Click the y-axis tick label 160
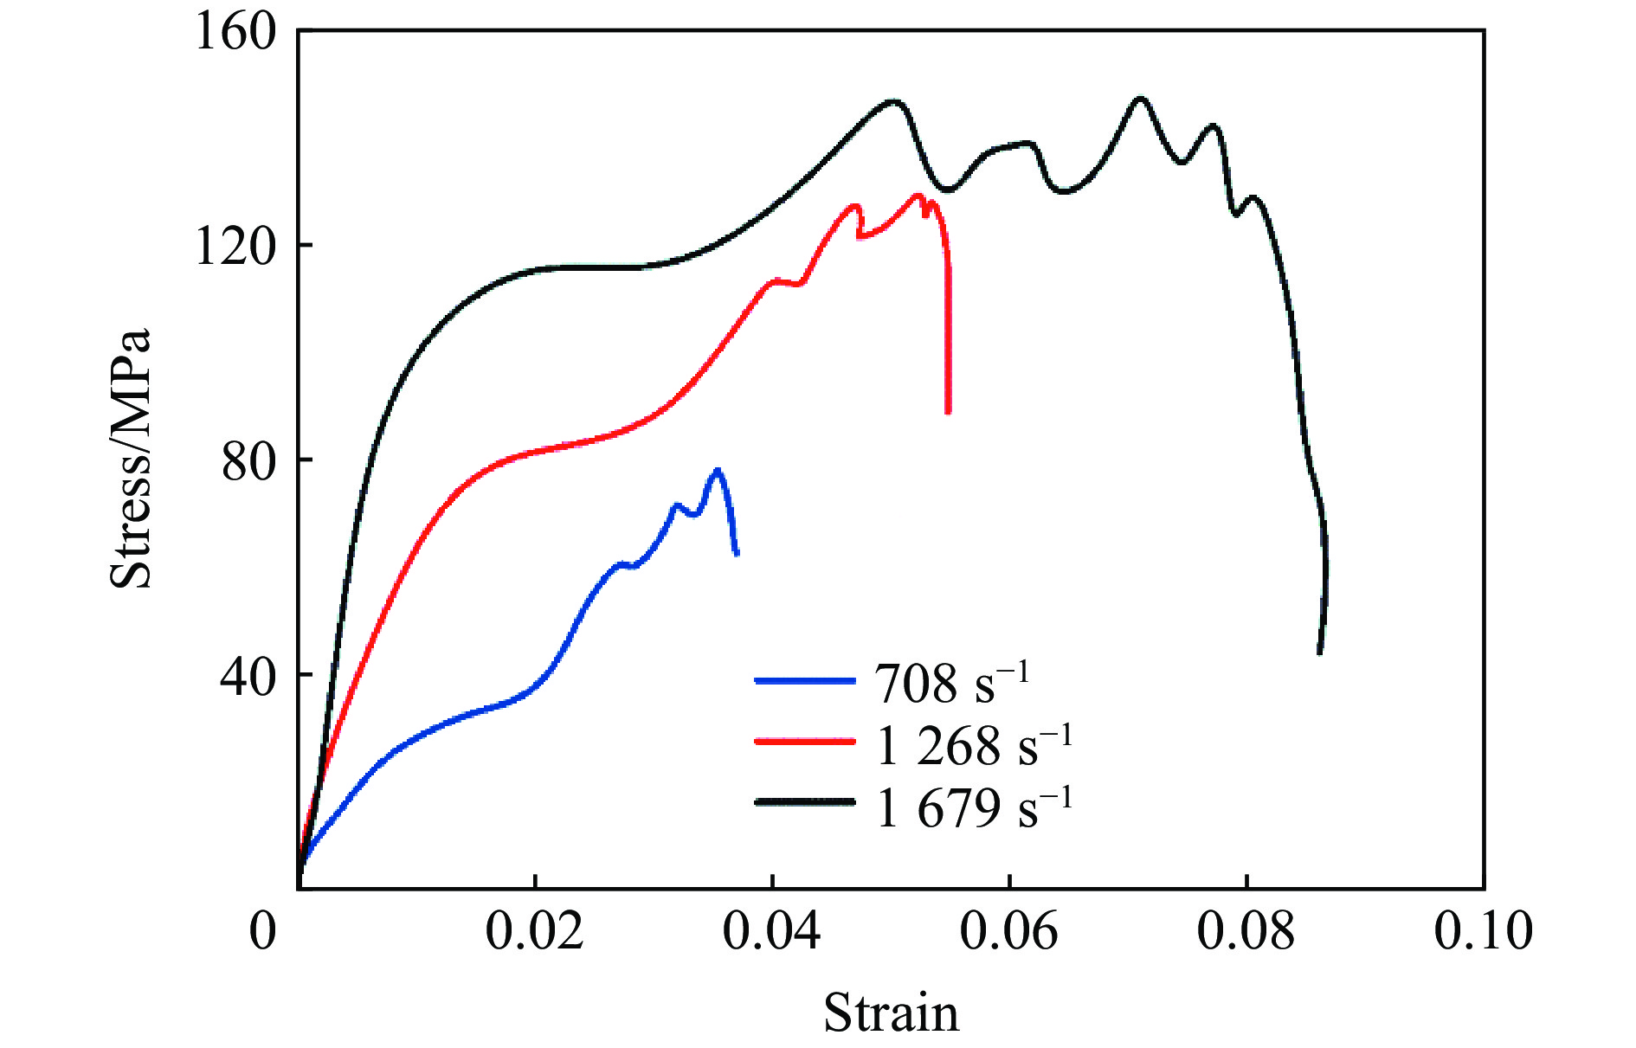[x=223, y=32]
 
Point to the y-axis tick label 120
[x=223, y=246]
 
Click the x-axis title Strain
[x=891, y=1013]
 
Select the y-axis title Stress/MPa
[x=131, y=459]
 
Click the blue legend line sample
[x=805, y=680]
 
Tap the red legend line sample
[x=805, y=741]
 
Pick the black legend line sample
[x=805, y=802]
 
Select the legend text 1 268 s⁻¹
[x=974, y=743]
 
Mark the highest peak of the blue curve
[x=717, y=470]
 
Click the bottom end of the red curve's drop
[x=948, y=412]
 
